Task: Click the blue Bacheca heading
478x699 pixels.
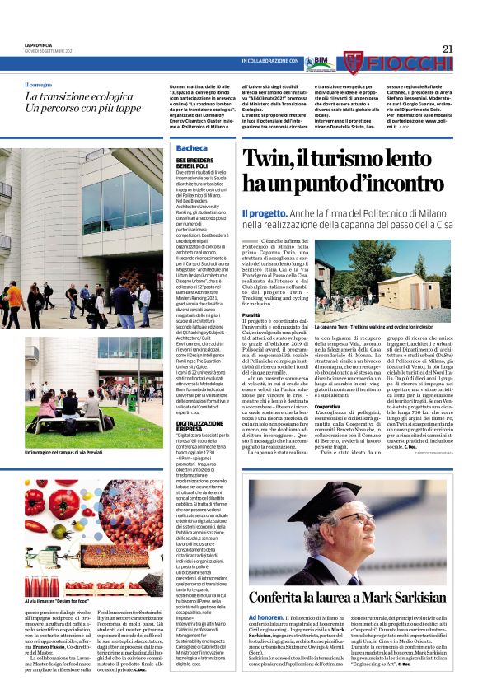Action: coord(192,148)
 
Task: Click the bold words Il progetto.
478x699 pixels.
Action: coord(260,214)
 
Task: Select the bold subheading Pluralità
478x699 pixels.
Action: coord(252,315)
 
